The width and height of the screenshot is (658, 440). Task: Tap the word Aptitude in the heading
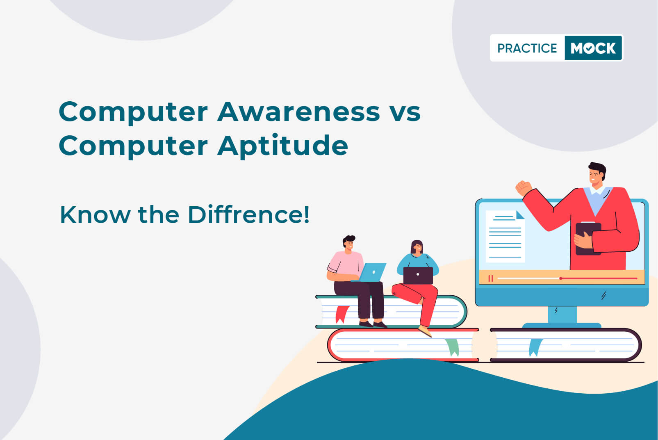[282, 146]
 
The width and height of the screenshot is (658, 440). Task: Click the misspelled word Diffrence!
[248, 214]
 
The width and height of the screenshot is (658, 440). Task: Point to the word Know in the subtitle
[95, 215]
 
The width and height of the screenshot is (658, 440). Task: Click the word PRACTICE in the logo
[527, 48]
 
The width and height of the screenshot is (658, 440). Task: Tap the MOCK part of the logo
[593, 48]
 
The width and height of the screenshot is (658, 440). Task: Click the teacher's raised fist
[524, 188]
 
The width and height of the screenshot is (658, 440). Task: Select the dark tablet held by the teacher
[588, 239]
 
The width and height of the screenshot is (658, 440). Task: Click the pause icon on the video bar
[491, 278]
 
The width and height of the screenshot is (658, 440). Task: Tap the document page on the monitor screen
[505, 237]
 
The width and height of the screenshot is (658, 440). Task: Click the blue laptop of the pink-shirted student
[371, 272]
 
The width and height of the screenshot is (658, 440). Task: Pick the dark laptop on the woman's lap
[418, 276]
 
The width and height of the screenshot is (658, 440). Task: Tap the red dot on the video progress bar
[560, 278]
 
